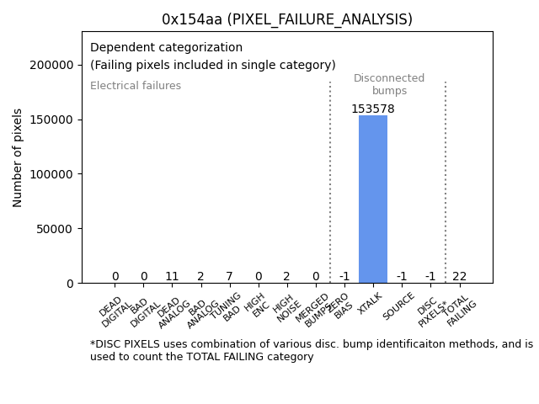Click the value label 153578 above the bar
pyautogui.click(x=373, y=109)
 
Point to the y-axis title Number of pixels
pyautogui.click(x=19, y=157)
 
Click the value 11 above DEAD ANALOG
pyautogui.click(x=172, y=276)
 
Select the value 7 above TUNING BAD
pyautogui.click(x=229, y=276)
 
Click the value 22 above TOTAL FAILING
pyautogui.click(x=459, y=276)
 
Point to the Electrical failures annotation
pyautogui.click(x=136, y=86)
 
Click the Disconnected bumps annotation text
pyautogui.click(x=388, y=85)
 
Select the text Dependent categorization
pyautogui.click(x=166, y=48)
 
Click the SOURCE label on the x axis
pyautogui.click(x=398, y=307)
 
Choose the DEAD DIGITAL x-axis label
pyautogui.click(x=115, y=310)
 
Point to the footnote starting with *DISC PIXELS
pyautogui.click(x=311, y=350)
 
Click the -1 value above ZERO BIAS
pyautogui.click(x=344, y=276)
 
